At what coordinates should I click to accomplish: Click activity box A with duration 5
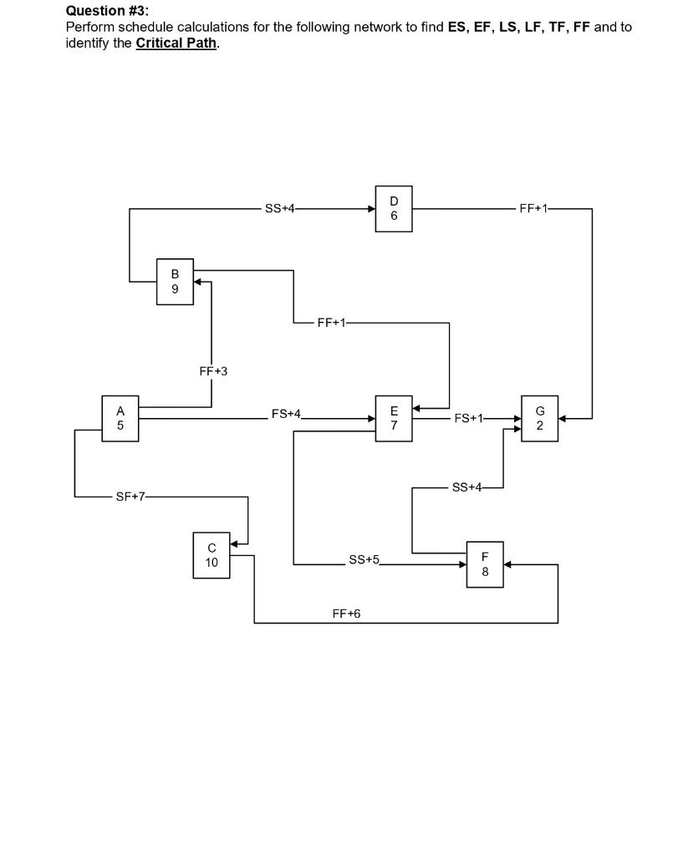[x=120, y=419]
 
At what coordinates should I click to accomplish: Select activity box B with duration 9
[x=175, y=282]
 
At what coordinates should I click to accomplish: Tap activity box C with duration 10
[x=212, y=555]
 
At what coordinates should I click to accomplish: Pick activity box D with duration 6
[x=394, y=209]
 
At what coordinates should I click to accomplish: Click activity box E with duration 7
[x=394, y=419]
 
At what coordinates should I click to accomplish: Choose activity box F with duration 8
[x=485, y=564]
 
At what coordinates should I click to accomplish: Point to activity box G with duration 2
[x=540, y=419]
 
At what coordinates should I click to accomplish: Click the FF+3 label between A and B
[x=213, y=371]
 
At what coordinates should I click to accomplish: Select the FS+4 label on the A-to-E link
[x=286, y=414]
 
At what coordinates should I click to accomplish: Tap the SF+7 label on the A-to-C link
[x=130, y=497]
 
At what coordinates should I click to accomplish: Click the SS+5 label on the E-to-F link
[x=364, y=559]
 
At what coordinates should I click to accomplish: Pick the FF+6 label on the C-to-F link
[x=346, y=614]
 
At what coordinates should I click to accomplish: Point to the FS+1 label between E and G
[x=468, y=418]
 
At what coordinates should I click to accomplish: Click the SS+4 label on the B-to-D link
[x=279, y=209]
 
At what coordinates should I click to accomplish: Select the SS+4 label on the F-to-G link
[x=466, y=487]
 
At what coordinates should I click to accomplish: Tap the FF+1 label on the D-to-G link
[x=533, y=209]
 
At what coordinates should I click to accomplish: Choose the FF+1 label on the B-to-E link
[x=332, y=323]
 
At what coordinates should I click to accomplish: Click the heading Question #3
[x=107, y=11]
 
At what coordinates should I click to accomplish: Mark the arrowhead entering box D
[x=372, y=209]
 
